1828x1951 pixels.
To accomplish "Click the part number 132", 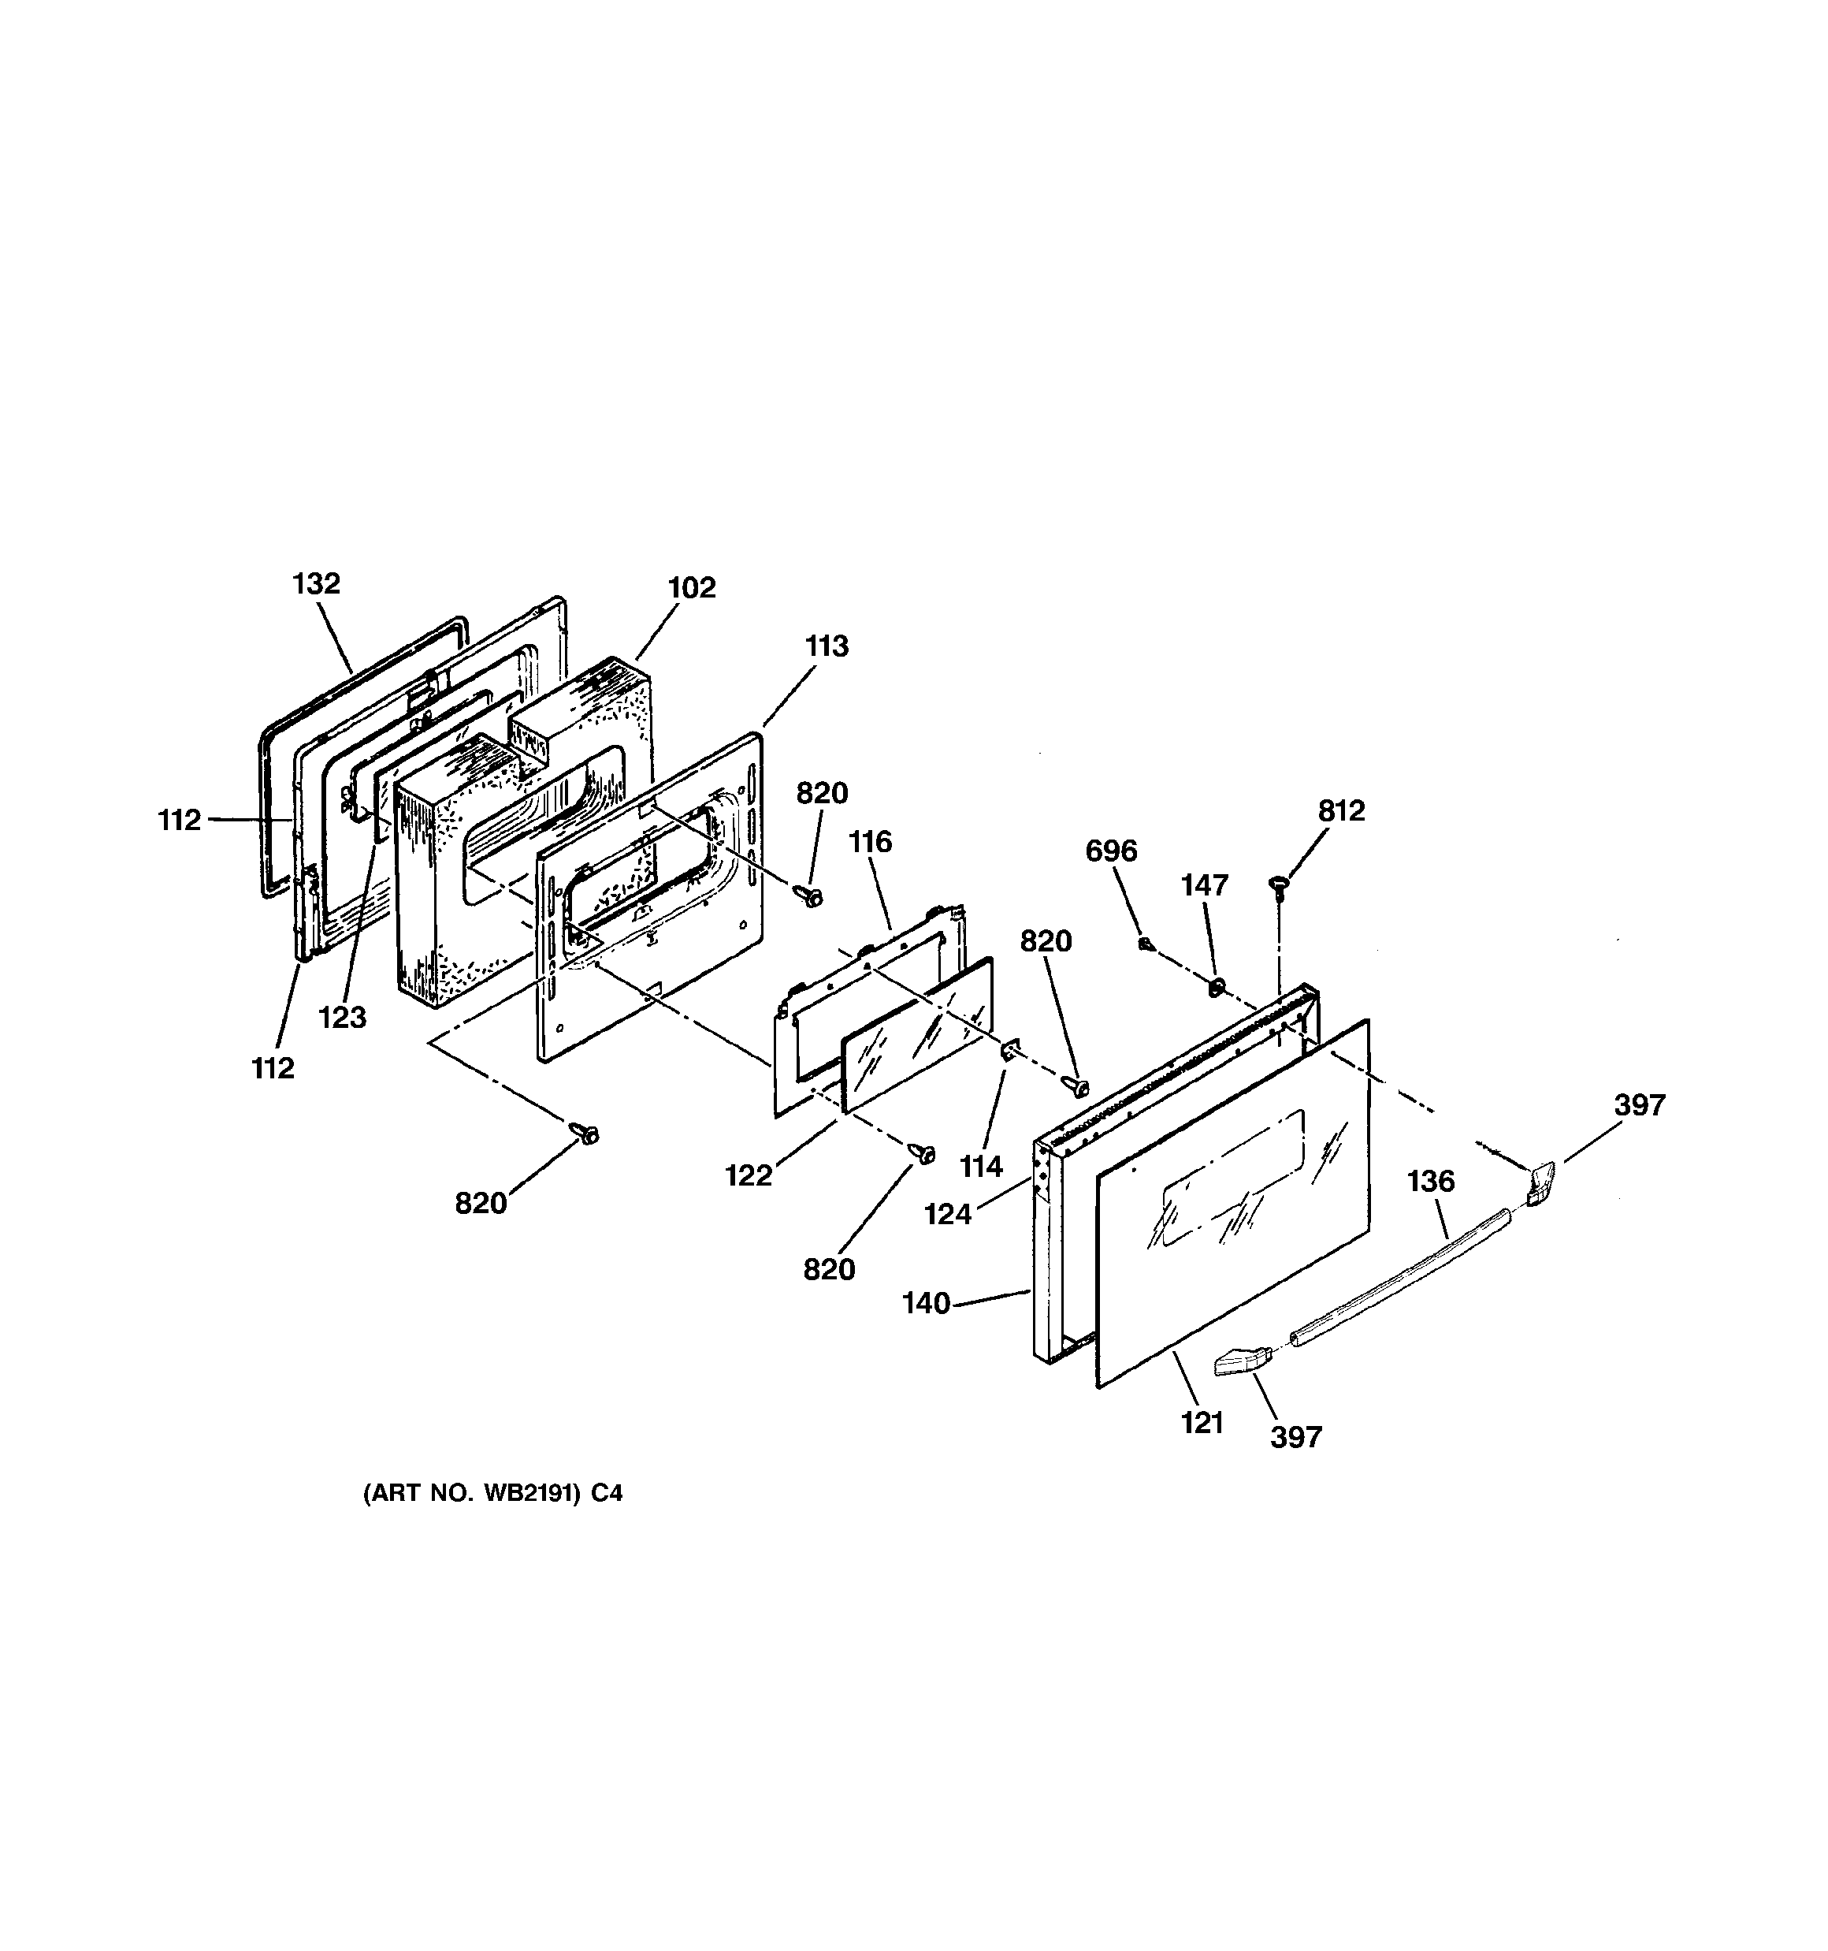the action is [x=316, y=583].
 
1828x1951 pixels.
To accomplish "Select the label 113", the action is [x=827, y=646].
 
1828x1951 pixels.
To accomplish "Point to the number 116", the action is [x=871, y=841].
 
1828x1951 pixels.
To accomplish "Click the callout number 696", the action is [x=1111, y=850].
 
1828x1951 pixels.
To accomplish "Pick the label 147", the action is [x=1204, y=884].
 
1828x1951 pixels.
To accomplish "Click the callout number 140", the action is [x=927, y=1302].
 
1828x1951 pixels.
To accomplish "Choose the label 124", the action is [x=948, y=1214].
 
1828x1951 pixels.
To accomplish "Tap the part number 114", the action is [x=981, y=1166].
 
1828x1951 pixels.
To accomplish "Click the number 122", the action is [x=749, y=1175].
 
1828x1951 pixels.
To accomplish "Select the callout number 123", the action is [x=343, y=1017].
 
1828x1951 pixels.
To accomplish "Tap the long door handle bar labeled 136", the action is [x=1399, y=1279].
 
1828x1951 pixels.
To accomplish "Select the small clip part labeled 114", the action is [x=1009, y=1051].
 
